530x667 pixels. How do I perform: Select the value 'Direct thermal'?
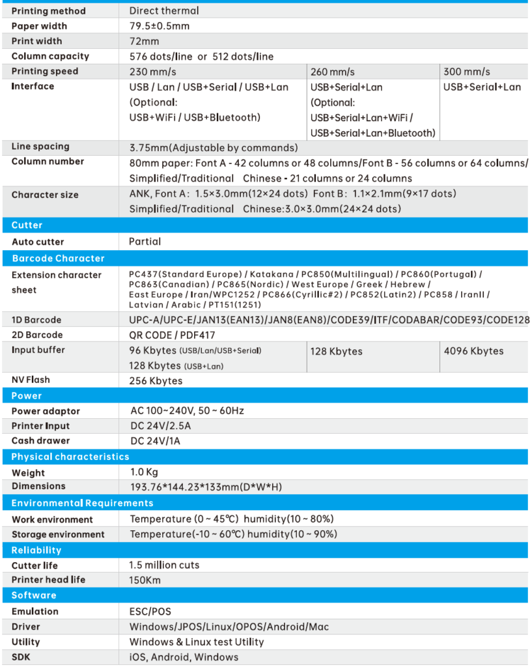point(164,11)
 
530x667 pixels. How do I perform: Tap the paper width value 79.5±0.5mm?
point(160,26)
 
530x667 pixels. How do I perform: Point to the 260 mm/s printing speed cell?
point(333,72)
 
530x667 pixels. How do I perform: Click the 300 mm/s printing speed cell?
point(467,72)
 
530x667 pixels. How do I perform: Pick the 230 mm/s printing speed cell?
point(153,72)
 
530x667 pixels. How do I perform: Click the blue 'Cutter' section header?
point(27,225)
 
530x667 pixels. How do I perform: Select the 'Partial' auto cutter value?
point(145,242)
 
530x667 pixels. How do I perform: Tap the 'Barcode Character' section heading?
point(58,259)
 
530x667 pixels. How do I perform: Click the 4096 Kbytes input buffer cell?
point(473,351)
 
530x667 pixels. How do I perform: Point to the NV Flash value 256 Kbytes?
point(156,380)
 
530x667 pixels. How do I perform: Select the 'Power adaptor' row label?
point(46,411)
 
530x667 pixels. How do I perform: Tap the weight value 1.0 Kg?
point(144,472)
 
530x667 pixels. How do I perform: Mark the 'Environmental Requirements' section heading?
point(82,503)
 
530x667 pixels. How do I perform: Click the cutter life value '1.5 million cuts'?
point(165,565)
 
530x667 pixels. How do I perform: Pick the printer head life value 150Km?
point(145,580)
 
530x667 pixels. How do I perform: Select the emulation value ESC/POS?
point(150,612)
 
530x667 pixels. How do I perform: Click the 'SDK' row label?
point(21,657)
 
